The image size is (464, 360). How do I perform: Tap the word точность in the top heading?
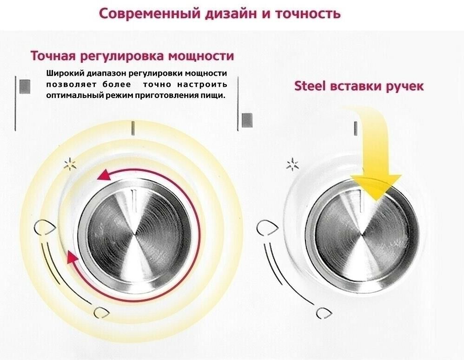point(308,14)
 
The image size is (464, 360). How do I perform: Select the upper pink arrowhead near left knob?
point(104,175)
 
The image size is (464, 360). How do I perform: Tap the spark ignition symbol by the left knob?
point(70,164)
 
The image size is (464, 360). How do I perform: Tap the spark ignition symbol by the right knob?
point(292,164)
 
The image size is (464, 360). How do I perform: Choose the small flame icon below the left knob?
point(101,313)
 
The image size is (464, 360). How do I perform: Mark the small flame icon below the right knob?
point(324,313)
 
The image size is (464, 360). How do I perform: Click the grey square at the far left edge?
point(25,87)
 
